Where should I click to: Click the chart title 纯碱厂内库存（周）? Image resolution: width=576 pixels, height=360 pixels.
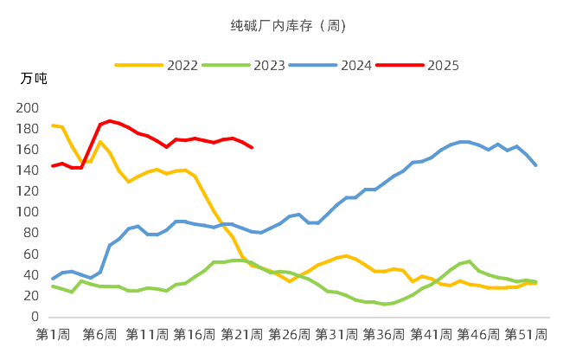[x=288, y=26]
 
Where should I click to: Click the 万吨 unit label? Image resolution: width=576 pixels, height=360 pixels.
[x=34, y=79]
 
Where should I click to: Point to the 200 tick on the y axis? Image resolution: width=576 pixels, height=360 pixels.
[x=29, y=107]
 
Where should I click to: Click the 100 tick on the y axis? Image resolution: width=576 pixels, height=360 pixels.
[x=29, y=212]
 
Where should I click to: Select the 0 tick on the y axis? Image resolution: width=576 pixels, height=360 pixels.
[x=35, y=317]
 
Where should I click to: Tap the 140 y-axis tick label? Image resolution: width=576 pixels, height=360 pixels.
[x=29, y=170]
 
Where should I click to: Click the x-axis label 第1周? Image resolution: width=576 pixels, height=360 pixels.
[x=52, y=334]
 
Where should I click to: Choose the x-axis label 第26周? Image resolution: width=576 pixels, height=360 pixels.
[x=290, y=334]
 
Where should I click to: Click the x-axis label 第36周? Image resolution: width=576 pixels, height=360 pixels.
[x=385, y=334]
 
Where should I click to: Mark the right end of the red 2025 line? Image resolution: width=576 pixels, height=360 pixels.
[x=252, y=148]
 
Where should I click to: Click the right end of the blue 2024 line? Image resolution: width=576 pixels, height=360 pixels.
[x=536, y=165]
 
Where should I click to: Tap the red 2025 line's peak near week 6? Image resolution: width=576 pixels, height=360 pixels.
[x=109, y=120]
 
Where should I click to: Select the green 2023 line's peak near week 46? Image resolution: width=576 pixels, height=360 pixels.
[x=470, y=261]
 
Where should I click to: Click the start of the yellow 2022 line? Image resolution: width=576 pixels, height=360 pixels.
[x=52, y=125]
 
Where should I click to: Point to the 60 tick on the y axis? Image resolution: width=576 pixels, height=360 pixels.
[x=32, y=254]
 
